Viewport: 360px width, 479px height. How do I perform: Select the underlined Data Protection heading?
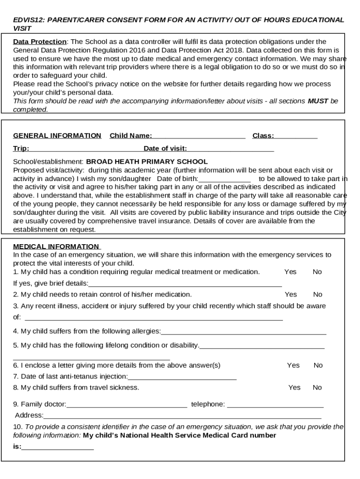pyautogui.click(x=40, y=42)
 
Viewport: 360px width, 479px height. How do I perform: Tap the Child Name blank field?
pyautogui.click(x=199, y=136)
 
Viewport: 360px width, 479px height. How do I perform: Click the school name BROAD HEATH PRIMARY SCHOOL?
pyautogui.click(x=147, y=162)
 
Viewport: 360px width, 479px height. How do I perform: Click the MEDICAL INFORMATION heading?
pyautogui.click(x=56, y=247)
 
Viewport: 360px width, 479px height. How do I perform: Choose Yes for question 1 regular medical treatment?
pyautogui.click(x=290, y=272)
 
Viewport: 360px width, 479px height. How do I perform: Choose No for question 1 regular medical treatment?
pyautogui.click(x=317, y=272)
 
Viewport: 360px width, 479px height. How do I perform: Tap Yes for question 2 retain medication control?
pyautogui.click(x=290, y=294)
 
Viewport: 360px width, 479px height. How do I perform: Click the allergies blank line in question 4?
pyautogui.click(x=243, y=332)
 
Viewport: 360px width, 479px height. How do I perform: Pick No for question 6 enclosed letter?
pyautogui.click(x=318, y=365)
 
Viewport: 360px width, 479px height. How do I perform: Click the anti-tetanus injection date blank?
pyautogui.click(x=182, y=377)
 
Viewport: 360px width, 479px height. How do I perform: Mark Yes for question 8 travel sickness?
pyautogui.click(x=294, y=387)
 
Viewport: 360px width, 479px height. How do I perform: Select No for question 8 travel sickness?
pyautogui.click(x=317, y=387)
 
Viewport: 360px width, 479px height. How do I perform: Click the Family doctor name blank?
pyautogui.click(x=126, y=405)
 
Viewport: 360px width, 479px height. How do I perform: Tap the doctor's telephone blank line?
pyautogui.click(x=275, y=405)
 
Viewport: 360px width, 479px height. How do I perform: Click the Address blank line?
pyautogui.click(x=182, y=416)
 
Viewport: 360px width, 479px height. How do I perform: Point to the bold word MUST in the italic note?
pyautogui.click(x=317, y=101)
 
